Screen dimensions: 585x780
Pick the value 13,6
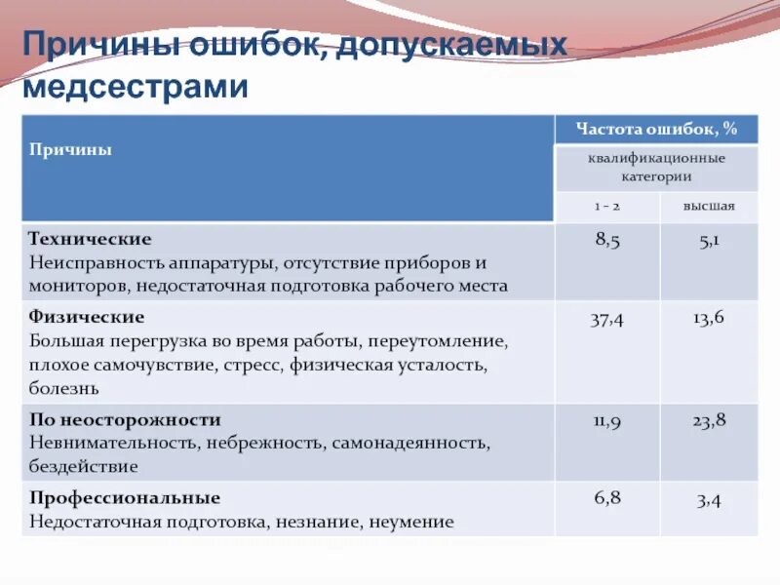pyautogui.click(x=709, y=319)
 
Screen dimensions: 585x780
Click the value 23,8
pyautogui.click(x=709, y=421)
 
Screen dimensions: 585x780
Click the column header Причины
pyautogui.click(x=70, y=149)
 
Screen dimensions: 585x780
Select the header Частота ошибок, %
pyautogui.click(x=656, y=129)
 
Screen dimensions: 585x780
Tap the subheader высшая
pyautogui.click(x=709, y=206)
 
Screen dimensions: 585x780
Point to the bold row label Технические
pyautogui.click(x=90, y=239)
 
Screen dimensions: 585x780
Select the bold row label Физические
pyautogui.click(x=87, y=317)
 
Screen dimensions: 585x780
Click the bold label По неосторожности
pyautogui.click(x=125, y=419)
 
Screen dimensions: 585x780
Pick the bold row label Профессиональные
pyautogui.click(x=125, y=497)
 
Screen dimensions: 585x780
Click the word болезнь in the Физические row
pyautogui.click(x=64, y=387)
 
